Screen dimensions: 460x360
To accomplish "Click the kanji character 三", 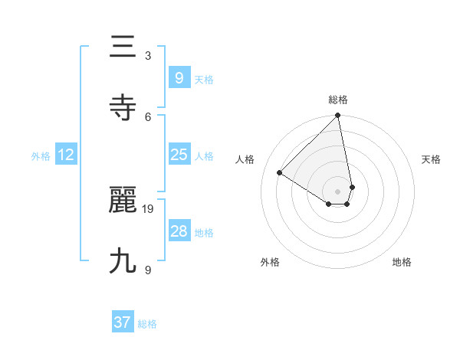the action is point(123,48).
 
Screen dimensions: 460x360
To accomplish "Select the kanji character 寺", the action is point(123,108).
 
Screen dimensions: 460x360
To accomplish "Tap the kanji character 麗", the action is point(123,201).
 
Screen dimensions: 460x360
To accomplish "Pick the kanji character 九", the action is point(123,261).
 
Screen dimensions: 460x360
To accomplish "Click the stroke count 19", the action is point(149,208).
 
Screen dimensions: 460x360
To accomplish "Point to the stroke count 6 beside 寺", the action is point(148,116).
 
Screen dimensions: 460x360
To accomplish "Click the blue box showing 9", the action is point(179,77).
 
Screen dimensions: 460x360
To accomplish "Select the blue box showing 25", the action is point(179,155).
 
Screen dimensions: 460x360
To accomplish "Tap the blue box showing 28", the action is point(179,231).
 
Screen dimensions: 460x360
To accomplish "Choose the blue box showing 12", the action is point(66,155).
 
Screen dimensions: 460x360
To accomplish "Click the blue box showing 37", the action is point(123,322).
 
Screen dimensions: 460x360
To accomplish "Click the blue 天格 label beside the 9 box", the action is point(204,79).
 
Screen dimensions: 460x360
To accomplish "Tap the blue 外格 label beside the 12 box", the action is point(41,156).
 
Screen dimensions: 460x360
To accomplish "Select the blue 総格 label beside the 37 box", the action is point(147,324).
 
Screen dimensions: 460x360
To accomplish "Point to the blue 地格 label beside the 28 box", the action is point(204,233).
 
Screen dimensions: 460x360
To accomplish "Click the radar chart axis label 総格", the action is point(338,100).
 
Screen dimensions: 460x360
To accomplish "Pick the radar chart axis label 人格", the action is point(245,159).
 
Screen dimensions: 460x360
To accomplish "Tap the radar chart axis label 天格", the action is point(431,159).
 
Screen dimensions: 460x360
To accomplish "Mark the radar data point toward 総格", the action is point(338,116).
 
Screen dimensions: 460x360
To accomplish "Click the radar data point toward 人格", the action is point(280,173).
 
